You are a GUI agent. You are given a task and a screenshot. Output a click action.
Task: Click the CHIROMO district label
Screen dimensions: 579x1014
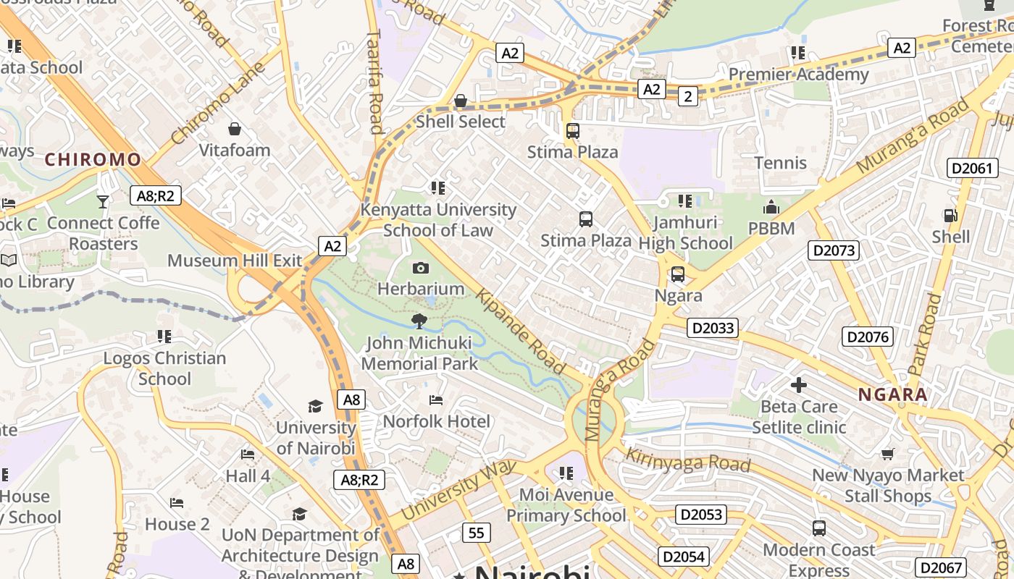point(93,159)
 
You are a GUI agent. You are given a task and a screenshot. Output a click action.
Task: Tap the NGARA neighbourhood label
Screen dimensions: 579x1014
point(892,394)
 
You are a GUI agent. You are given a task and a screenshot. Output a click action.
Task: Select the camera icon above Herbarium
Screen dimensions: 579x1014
point(420,268)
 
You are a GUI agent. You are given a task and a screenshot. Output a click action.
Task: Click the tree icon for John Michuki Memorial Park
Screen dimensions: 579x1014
point(419,321)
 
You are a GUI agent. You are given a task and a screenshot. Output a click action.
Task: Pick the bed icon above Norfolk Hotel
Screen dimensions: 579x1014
point(436,400)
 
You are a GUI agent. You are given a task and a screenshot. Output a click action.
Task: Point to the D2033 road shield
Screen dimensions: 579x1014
point(713,328)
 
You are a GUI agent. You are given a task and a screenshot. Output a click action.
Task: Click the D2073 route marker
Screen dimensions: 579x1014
point(834,250)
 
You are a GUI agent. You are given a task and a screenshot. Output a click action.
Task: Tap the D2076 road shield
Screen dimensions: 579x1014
point(868,337)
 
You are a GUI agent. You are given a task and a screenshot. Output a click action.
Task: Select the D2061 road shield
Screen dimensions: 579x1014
point(971,169)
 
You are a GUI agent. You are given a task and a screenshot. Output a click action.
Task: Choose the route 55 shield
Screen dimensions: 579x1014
point(476,533)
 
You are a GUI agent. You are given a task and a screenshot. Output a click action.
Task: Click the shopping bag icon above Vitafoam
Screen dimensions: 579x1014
point(235,129)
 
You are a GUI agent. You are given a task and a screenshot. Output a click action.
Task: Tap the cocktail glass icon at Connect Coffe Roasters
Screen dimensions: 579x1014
point(103,201)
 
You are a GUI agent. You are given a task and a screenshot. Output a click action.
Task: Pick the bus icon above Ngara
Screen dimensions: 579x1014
point(678,274)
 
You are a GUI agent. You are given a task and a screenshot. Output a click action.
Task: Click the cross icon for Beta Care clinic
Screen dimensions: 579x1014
point(798,385)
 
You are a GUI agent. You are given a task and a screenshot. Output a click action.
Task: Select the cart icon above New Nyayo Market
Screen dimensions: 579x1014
point(888,454)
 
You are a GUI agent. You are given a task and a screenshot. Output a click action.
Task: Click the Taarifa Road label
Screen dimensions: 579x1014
point(374,81)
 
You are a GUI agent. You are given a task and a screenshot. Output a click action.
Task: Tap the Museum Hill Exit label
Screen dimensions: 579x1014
point(235,261)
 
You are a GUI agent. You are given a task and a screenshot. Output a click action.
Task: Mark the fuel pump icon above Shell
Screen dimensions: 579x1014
point(950,215)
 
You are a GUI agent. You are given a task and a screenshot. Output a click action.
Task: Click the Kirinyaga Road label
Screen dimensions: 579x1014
point(687,460)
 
